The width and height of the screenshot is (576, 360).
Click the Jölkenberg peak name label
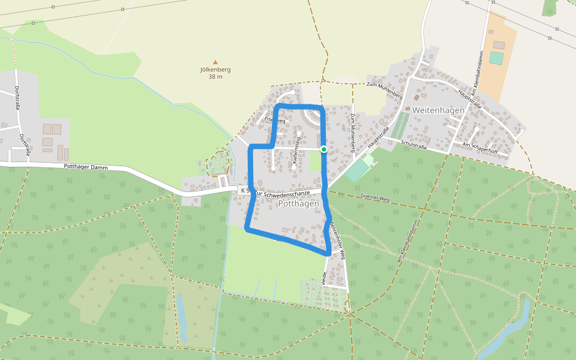pyautogui.click(x=215, y=69)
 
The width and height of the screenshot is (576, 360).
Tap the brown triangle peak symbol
pyautogui.click(x=215, y=62)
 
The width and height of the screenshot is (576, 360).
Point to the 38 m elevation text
pyautogui.click(x=215, y=76)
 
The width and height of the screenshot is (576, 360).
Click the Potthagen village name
pyautogui.click(x=298, y=204)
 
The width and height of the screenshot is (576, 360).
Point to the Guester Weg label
pyautogui.click(x=376, y=196)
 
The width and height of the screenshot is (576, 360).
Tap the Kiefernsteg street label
pyautogui.click(x=296, y=151)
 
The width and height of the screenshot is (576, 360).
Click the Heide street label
pyautogui.click(x=324, y=277)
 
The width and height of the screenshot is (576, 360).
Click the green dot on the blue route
pyautogui.click(x=323, y=149)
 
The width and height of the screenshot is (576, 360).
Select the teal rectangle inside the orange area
pyautogui.click(x=496, y=58)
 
